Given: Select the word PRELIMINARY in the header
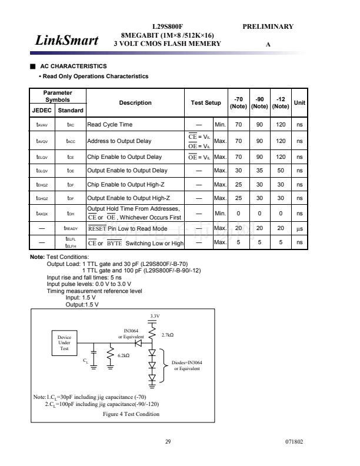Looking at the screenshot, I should point(268,26).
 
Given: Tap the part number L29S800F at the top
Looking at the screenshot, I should point(168,26).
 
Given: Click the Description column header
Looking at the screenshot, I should point(135,103).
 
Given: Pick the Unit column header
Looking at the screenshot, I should point(299,103).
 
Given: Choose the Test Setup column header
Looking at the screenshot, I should point(206,103).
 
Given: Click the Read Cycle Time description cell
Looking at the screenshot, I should point(110,125).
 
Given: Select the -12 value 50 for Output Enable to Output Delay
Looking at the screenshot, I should point(281,171).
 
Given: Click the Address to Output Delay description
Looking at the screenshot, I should point(119,141).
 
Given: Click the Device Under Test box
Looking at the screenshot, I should point(64,342).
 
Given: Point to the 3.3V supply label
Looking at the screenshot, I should point(155,316).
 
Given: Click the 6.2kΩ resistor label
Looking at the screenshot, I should point(124,355).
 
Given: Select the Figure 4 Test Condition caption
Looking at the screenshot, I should point(131,414).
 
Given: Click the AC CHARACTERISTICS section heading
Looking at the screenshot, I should point(73,66).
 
